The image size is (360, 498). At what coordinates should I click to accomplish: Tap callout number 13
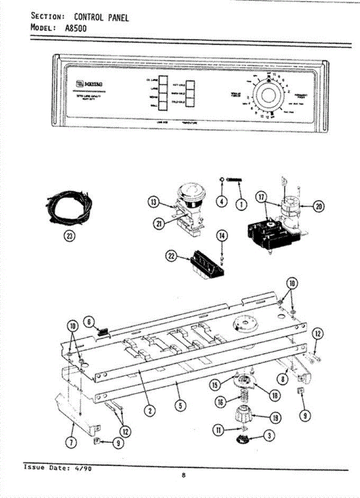[154, 203]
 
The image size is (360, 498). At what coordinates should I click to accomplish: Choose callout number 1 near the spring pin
[240, 204]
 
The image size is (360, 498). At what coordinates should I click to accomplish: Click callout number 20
[319, 206]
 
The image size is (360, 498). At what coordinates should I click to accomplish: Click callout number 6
[89, 321]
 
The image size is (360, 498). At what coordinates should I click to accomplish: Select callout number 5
[179, 406]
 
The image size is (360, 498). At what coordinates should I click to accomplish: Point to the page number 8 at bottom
[183, 476]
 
